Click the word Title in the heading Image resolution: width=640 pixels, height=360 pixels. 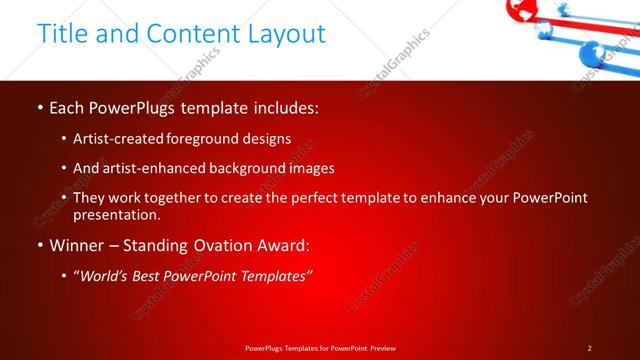62,33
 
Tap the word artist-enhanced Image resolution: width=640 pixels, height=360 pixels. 145,168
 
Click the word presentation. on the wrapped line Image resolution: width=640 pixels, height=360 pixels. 116,214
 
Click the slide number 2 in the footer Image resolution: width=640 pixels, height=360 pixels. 589,348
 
